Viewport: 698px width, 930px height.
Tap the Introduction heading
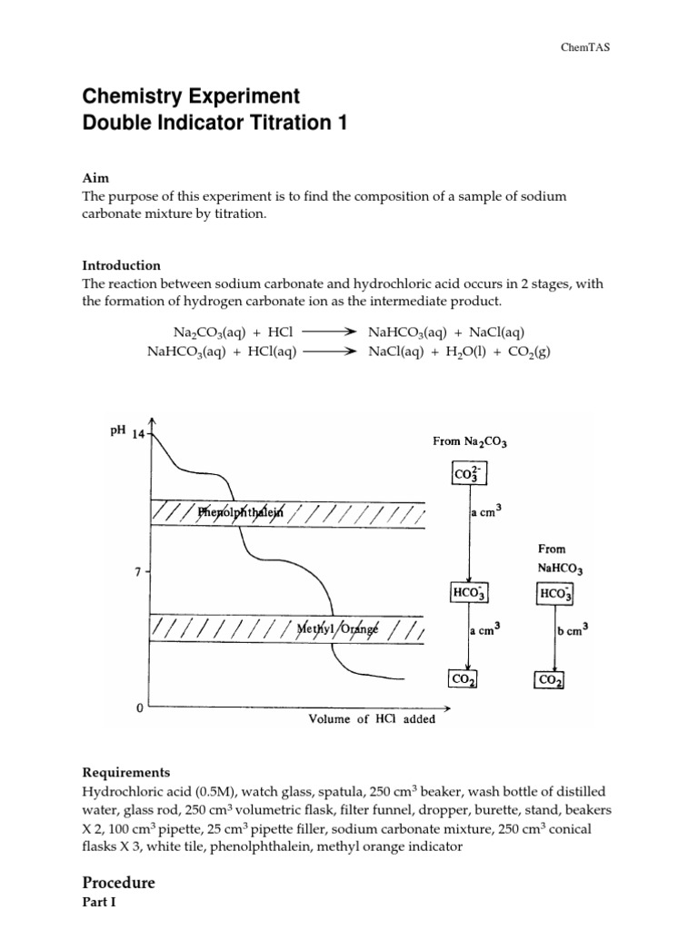point(121,265)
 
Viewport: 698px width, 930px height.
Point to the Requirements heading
point(125,773)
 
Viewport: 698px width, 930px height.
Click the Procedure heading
point(118,882)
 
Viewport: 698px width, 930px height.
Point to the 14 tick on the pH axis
point(138,434)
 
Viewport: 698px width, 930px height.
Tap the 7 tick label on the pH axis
point(137,572)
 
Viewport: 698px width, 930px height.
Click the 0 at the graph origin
point(139,707)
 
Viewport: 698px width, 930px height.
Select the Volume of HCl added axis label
point(372,719)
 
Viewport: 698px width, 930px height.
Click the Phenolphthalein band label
point(241,512)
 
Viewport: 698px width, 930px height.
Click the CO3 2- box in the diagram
point(468,474)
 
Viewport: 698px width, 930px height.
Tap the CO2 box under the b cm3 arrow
point(549,680)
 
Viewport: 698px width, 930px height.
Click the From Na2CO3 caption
point(469,442)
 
